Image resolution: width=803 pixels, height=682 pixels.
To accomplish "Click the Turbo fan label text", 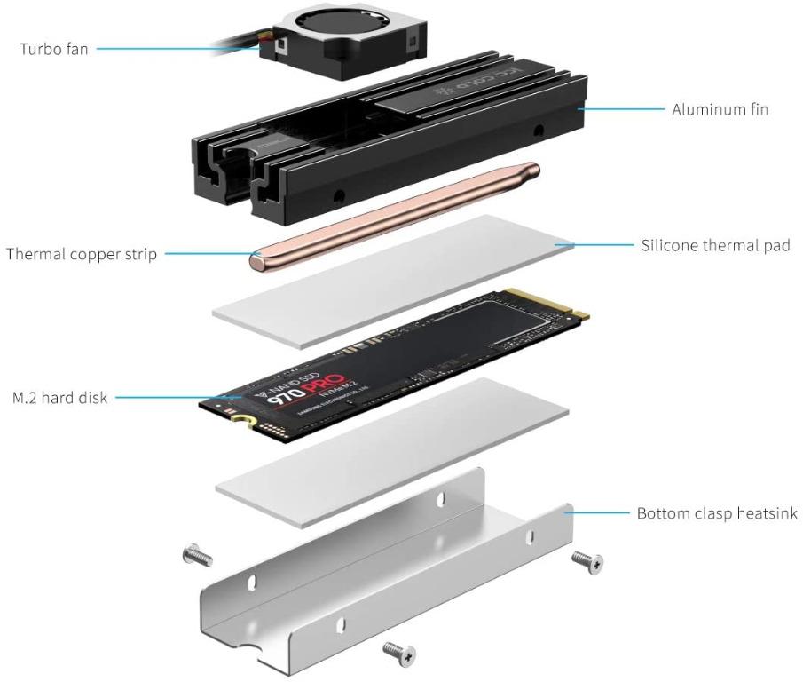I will coord(54,49).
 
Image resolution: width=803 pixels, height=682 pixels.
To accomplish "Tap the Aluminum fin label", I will coord(720,109).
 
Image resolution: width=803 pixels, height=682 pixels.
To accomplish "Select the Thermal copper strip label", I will coord(82,255).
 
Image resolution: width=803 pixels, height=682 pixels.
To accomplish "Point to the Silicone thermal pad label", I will coord(715,244).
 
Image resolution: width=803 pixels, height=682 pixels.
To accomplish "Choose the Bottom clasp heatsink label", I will coord(717,513).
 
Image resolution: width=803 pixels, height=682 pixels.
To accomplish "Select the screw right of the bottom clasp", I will coord(587,561).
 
